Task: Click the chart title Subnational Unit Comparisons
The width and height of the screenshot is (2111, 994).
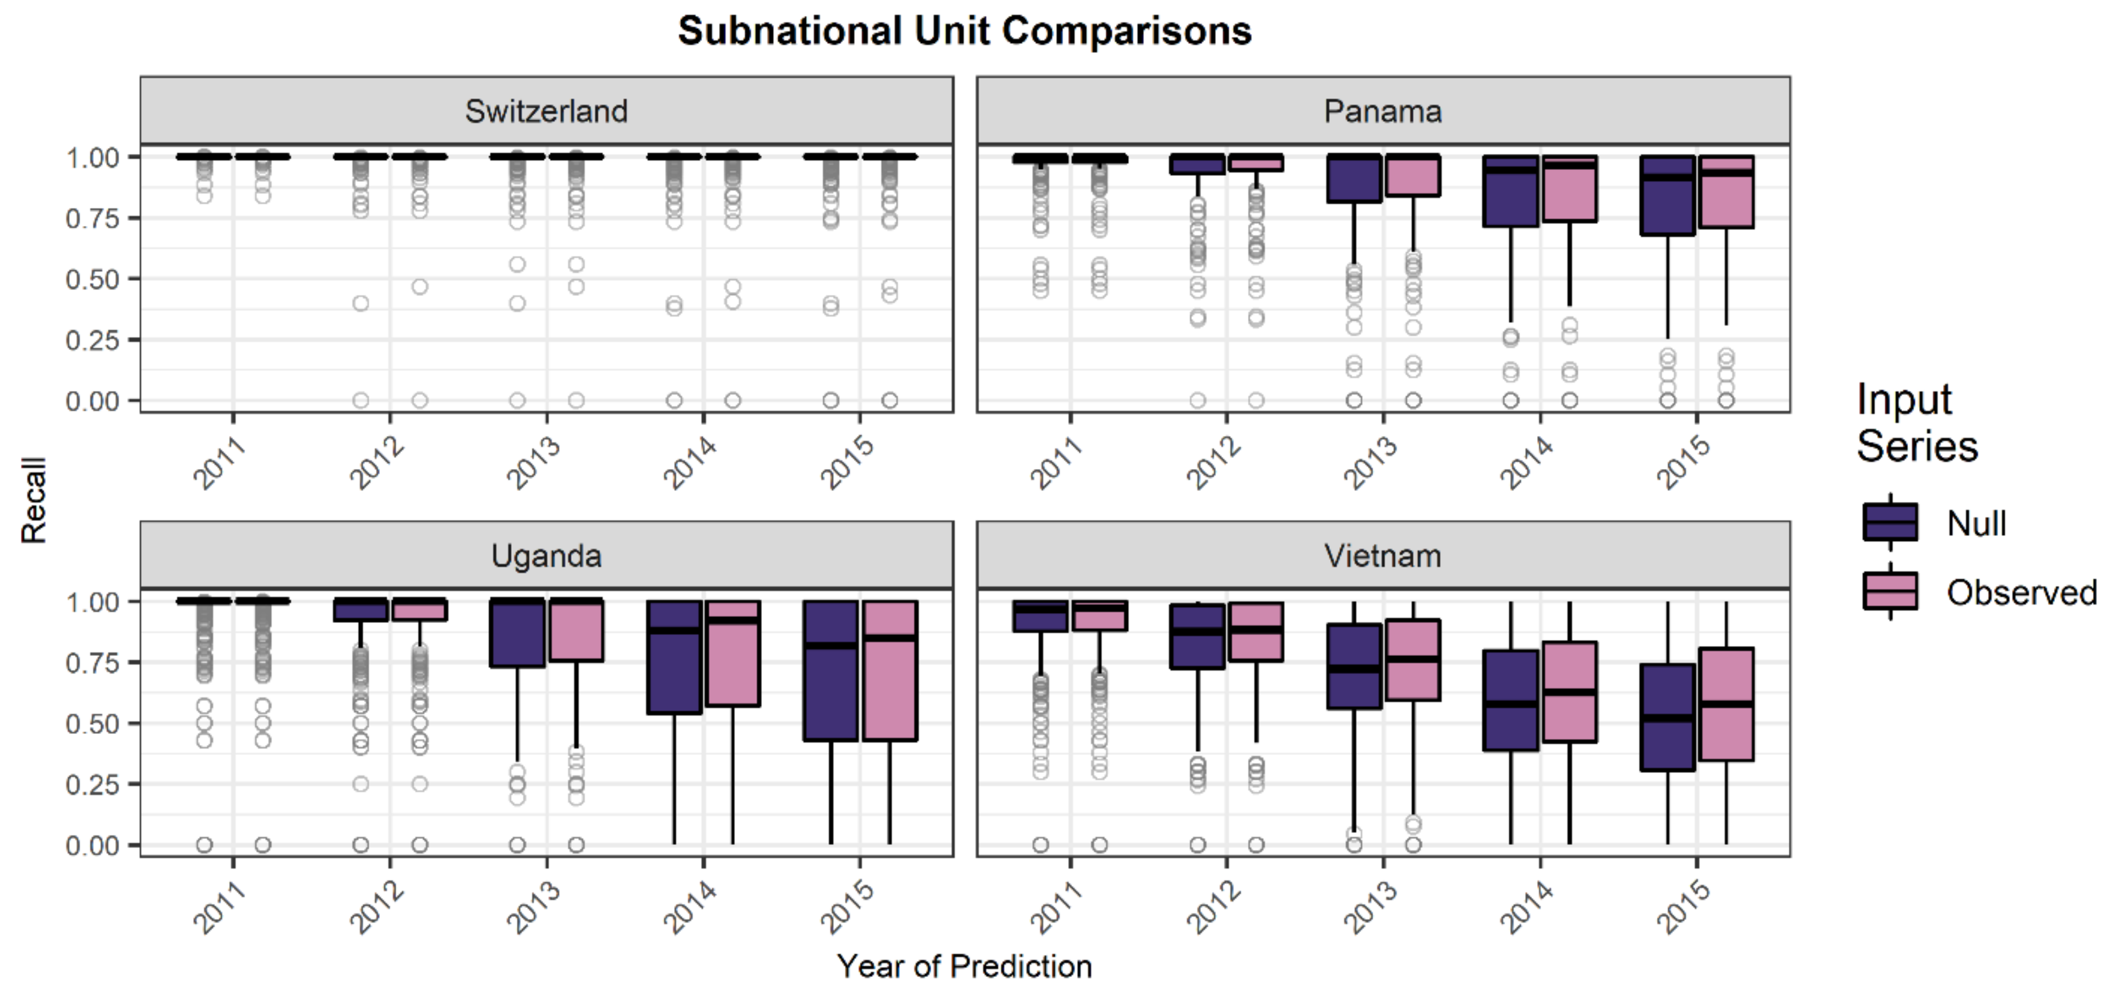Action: click(x=965, y=31)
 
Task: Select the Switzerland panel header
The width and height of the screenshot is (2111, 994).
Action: click(x=546, y=111)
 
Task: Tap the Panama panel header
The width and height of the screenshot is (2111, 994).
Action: click(x=1383, y=111)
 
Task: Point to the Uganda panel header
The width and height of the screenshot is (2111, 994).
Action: click(x=546, y=556)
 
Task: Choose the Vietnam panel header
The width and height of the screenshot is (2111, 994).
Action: click(x=1383, y=556)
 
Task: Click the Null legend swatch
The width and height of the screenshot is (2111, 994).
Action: click(x=1890, y=522)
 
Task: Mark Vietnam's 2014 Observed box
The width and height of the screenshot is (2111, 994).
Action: click(x=1570, y=692)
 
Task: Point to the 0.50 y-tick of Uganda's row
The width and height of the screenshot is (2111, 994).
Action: click(x=92, y=724)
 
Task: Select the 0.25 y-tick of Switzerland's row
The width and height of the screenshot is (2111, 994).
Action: click(x=92, y=339)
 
